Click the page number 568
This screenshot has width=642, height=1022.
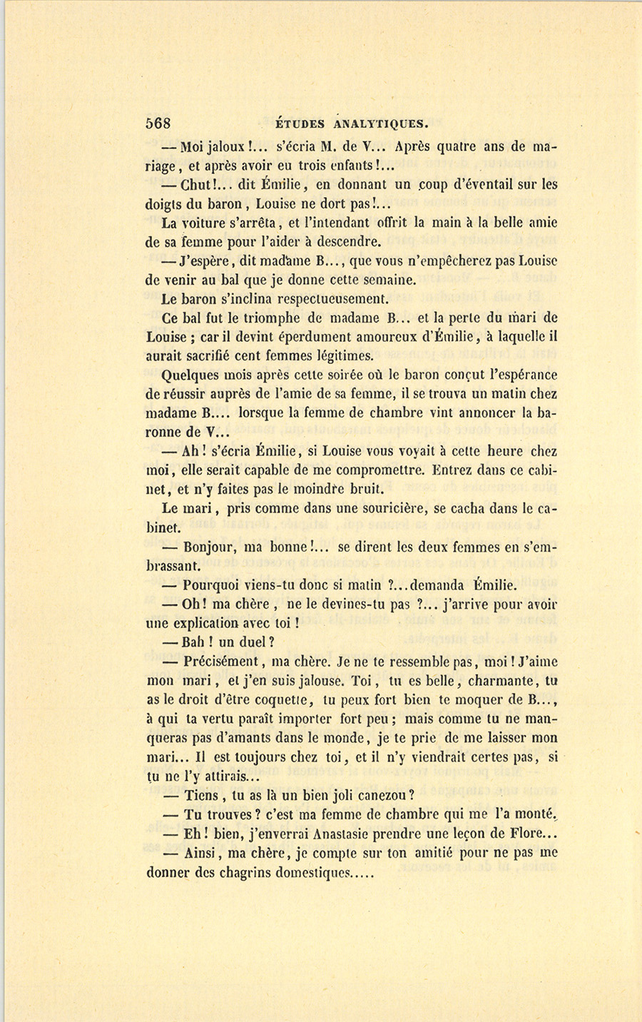[x=158, y=122]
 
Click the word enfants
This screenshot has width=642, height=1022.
[x=346, y=166]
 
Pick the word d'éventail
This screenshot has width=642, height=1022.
[x=485, y=185]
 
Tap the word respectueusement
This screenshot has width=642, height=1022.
[x=326, y=298]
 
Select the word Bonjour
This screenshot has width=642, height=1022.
[x=211, y=548]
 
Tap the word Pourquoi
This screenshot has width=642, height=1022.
[x=215, y=586]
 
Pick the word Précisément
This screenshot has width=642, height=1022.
[x=224, y=662]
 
